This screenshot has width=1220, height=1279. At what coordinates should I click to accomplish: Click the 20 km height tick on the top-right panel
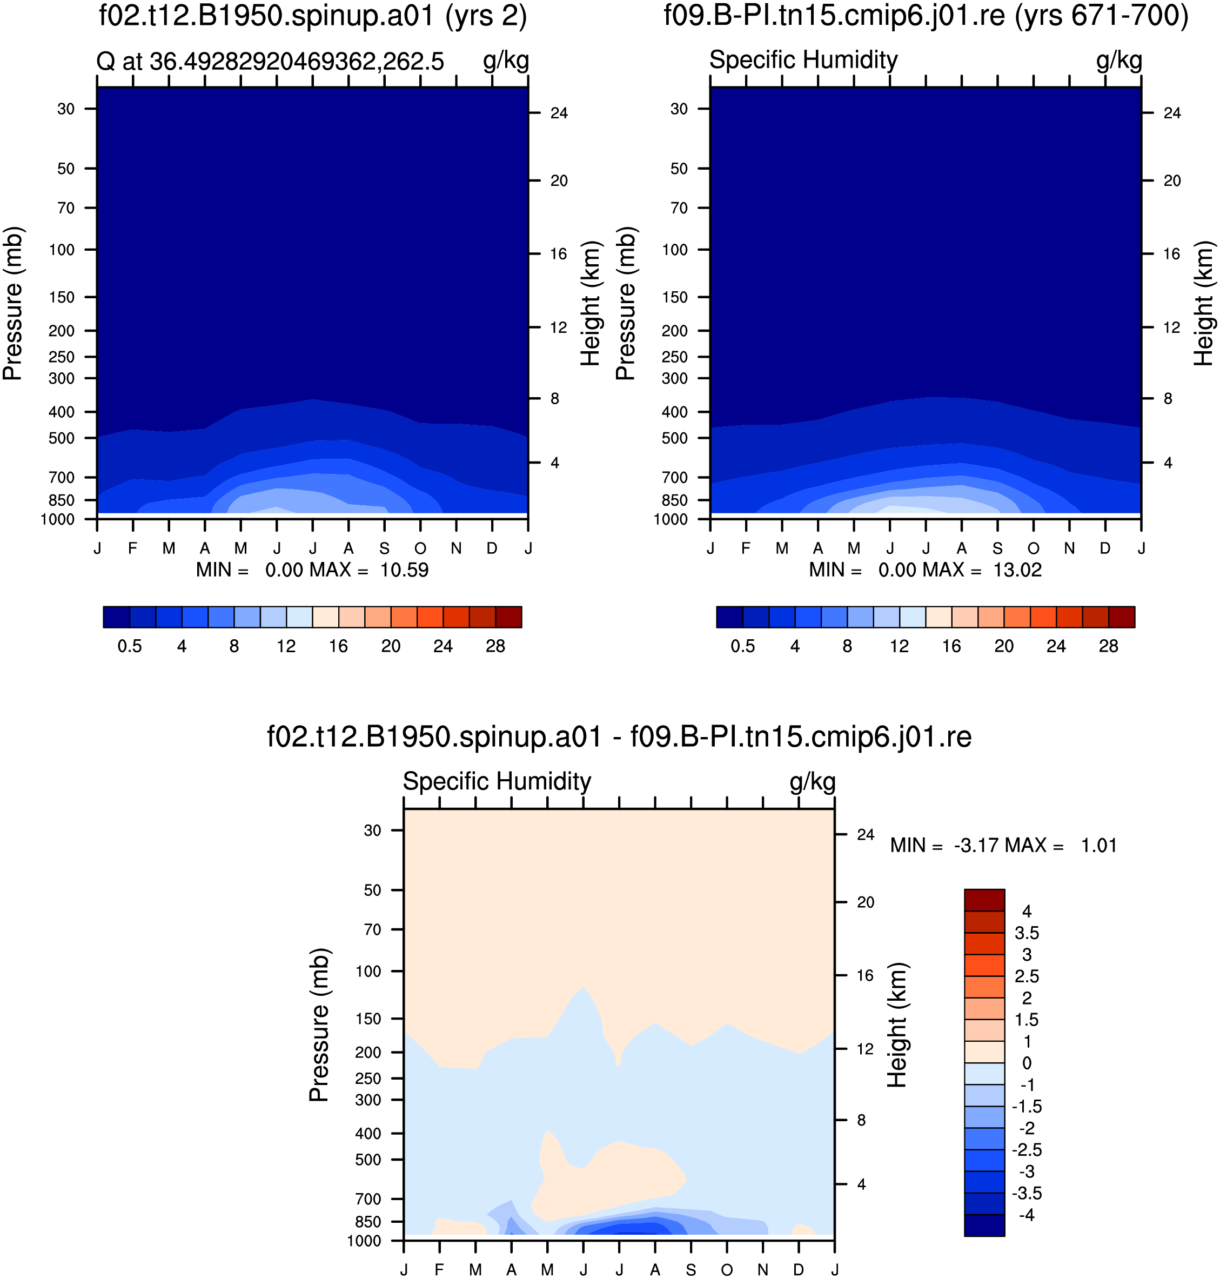click(x=1172, y=181)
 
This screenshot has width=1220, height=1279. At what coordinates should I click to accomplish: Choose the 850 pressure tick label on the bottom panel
click(x=368, y=1222)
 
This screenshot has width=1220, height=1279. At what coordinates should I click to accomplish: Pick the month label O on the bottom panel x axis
click(x=727, y=1270)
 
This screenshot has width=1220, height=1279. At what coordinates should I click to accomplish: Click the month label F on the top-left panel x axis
click(x=133, y=548)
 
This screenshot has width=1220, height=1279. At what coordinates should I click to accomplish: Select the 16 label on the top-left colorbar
click(x=338, y=646)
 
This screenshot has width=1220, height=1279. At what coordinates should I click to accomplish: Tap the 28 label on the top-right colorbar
click(x=1108, y=646)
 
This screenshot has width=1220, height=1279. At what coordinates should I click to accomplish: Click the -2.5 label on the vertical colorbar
click(x=1027, y=1150)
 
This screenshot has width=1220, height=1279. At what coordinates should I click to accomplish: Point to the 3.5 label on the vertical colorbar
click(x=1027, y=933)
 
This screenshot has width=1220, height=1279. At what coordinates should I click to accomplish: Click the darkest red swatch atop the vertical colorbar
click(x=984, y=900)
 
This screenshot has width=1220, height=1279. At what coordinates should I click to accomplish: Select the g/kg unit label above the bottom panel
click(x=812, y=781)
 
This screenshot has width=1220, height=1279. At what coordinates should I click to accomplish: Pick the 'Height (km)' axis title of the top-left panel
click(x=590, y=304)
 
